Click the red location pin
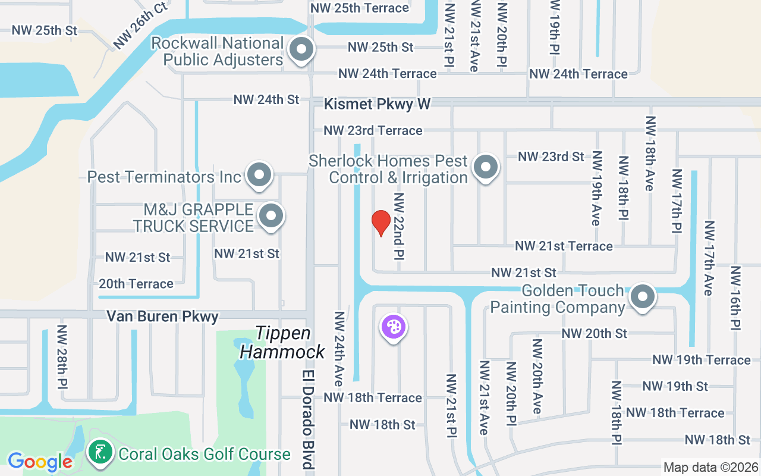[380, 223]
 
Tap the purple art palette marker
[392, 327]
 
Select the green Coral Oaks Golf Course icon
[100, 453]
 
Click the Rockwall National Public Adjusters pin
[301, 49]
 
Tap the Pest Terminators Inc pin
[259, 176]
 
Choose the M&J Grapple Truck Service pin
[272, 216]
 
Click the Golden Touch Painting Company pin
[642, 296]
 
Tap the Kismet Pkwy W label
[377, 104]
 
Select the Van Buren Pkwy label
[162, 316]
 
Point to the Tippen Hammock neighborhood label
[282, 342]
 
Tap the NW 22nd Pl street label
[398, 226]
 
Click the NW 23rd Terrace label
[373, 130]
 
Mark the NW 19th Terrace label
[701, 360]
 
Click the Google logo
[40, 461]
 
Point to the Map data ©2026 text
[710, 468]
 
